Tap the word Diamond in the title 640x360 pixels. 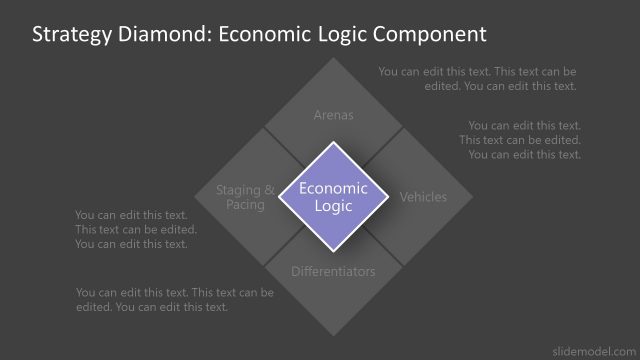[x=160, y=35]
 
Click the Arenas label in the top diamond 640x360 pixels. [x=333, y=115]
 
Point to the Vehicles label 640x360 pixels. [x=423, y=197]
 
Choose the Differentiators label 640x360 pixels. [x=333, y=271]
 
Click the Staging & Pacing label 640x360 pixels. [x=245, y=197]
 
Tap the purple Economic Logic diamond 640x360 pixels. [x=333, y=196]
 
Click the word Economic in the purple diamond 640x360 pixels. [x=333, y=188]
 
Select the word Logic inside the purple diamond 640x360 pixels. [x=333, y=206]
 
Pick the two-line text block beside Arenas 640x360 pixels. [x=477, y=79]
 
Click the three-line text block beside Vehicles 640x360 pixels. [x=520, y=140]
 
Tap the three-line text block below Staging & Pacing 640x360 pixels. [x=136, y=229]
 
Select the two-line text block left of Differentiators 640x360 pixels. [x=174, y=299]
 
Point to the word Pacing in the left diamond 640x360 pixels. [x=245, y=205]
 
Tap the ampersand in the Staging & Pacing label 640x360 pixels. [x=269, y=189]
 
